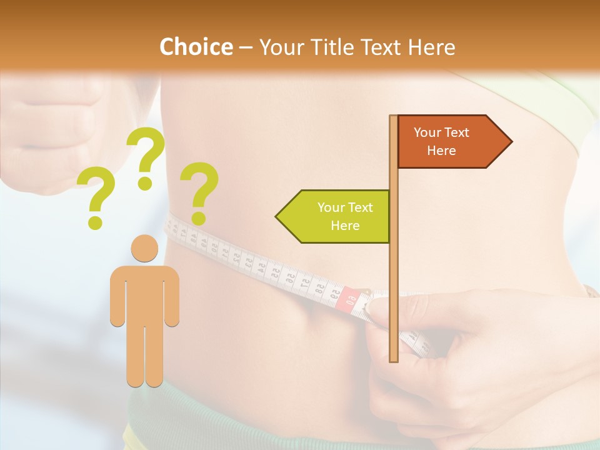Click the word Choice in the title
[196, 47]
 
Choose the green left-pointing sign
[334, 216]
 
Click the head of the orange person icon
[144, 248]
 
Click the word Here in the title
[431, 47]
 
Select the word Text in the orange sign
[457, 132]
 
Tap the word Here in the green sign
[345, 226]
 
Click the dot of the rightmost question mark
[199, 218]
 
